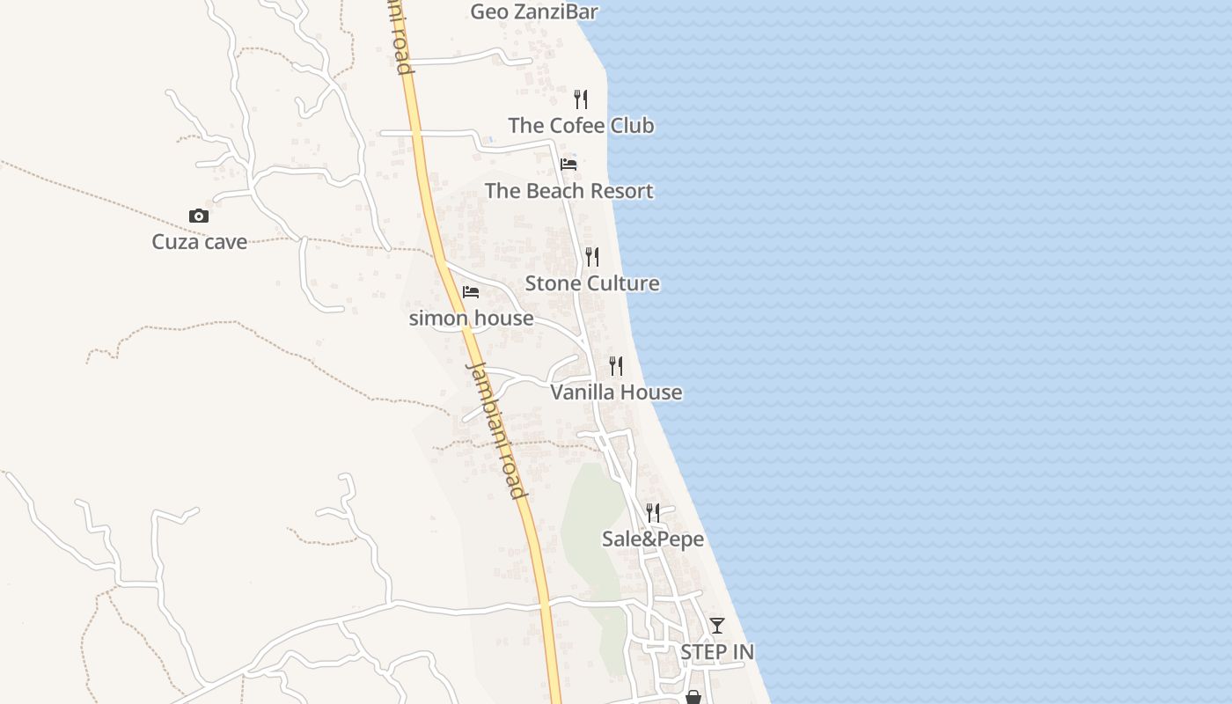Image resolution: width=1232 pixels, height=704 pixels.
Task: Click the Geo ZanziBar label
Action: [x=534, y=11]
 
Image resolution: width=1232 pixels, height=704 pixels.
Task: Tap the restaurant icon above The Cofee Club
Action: [x=581, y=99]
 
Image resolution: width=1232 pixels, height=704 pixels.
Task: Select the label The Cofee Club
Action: [x=581, y=126]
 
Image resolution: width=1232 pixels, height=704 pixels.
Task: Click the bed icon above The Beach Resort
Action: [x=568, y=164]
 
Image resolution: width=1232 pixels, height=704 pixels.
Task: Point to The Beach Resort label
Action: [x=568, y=191]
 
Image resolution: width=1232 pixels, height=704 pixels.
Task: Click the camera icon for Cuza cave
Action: [x=199, y=216]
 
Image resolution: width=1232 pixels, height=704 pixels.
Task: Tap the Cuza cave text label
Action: [x=199, y=242]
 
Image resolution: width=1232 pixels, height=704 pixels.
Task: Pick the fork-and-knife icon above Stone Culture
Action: [x=592, y=257]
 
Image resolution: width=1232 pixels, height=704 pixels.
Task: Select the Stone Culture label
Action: [x=592, y=283]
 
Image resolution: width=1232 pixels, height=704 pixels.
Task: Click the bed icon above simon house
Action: [x=471, y=291]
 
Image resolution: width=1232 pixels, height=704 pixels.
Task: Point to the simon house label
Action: [x=471, y=318]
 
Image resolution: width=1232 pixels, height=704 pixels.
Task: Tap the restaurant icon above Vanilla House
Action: [x=616, y=365]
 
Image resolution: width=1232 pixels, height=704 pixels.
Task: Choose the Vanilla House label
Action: [x=616, y=392]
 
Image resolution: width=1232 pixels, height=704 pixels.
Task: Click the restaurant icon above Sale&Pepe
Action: [x=653, y=512]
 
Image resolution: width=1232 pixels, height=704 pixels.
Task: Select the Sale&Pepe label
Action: [x=653, y=539]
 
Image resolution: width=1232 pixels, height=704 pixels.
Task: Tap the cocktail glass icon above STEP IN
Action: [x=717, y=626]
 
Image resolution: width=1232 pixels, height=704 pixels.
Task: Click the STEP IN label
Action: [x=717, y=652]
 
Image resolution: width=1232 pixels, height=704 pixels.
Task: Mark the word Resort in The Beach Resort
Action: [x=621, y=191]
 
